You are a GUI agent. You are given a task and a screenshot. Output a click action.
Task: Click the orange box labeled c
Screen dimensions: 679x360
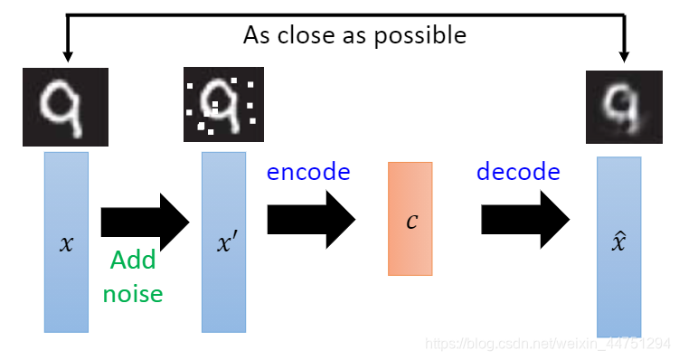[x=410, y=218]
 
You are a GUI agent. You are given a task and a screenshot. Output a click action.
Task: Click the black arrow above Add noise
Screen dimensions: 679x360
[x=145, y=220]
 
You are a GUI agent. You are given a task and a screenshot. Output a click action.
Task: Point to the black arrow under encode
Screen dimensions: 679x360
[x=311, y=220]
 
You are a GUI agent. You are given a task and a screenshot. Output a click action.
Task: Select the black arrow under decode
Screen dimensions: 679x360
[x=524, y=220]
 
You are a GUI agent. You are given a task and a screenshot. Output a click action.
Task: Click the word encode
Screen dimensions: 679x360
[x=307, y=171]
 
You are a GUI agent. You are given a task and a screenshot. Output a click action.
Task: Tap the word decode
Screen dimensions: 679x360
[x=518, y=171]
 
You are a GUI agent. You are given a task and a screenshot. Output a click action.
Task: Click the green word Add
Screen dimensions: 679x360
[x=132, y=261]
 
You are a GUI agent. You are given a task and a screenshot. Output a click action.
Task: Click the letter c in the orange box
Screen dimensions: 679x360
[x=411, y=220]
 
